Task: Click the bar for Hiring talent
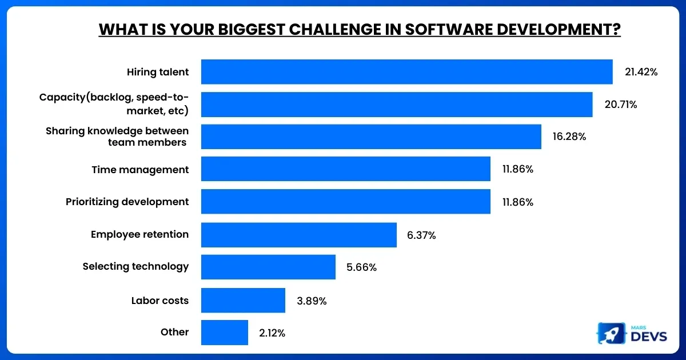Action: pos(406,72)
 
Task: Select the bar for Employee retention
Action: pos(298,235)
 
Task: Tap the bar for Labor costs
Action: pos(243,301)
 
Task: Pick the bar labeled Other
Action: pos(225,333)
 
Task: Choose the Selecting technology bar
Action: pos(268,267)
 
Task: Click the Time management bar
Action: pos(345,169)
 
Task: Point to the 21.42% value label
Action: pos(640,72)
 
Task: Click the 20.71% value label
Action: pos(620,105)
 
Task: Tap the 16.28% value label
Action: pos(569,137)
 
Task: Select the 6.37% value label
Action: pos(421,235)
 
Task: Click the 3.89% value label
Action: pos(311,301)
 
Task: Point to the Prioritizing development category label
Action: pos(127,202)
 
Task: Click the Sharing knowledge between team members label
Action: pos(117,137)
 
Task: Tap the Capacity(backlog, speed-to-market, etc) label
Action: pos(114,103)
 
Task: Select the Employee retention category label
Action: pos(139,234)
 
